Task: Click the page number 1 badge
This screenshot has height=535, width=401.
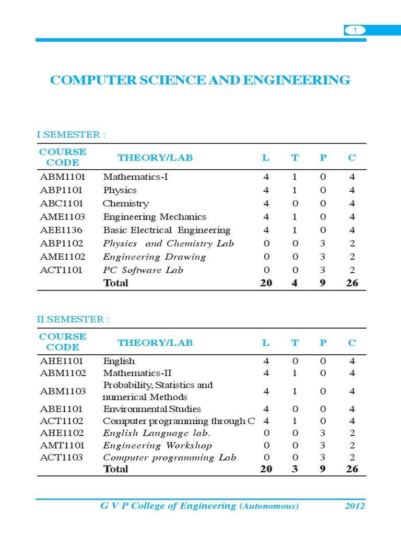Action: pyautogui.click(x=355, y=31)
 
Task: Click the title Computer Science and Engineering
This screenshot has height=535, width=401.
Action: pyautogui.click(x=200, y=80)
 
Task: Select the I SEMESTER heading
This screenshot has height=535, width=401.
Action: pyautogui.click(x=71, y=135)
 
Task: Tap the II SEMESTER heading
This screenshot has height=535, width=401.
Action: pyautogui.click(x=73, y=320)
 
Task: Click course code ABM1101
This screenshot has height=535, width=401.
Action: pyautogui.click(x=63, y=177)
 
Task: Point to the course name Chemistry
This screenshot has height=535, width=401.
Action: pyautogui.click(x=126, y=203)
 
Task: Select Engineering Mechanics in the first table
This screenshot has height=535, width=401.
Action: pyautogui.click(x=155, y=217)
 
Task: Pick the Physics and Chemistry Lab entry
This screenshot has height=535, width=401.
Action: pyautogui.click(x=168, y=243)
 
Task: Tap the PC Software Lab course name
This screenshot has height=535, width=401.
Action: pyautogui.click(x=143, y=270)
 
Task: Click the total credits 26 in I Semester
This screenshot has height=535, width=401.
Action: pyautogui.click(x=352, y=283)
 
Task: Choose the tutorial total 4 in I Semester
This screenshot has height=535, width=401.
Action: pyautogui.click(x=295, y=283)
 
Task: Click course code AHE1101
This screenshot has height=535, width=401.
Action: pyautogui.click(x=62, y=361)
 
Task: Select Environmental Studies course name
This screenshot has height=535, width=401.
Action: pyautogui.click(x=152, y=409)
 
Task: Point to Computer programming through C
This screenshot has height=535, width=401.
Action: pyautogui.click(x=179, y=421)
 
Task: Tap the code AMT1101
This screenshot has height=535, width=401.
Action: pyautogui.click(x=62, y=445)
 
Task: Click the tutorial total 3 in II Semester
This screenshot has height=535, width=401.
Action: pyautogui.click(x=295, y=469)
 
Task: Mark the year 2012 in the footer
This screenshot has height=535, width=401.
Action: pyautogui.click(x=355, y=506)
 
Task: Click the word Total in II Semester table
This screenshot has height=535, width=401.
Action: pyautogui.click(x=116, y=469)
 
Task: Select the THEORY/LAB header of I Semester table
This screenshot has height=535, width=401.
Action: pyautogui.click(x=155, y=158)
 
